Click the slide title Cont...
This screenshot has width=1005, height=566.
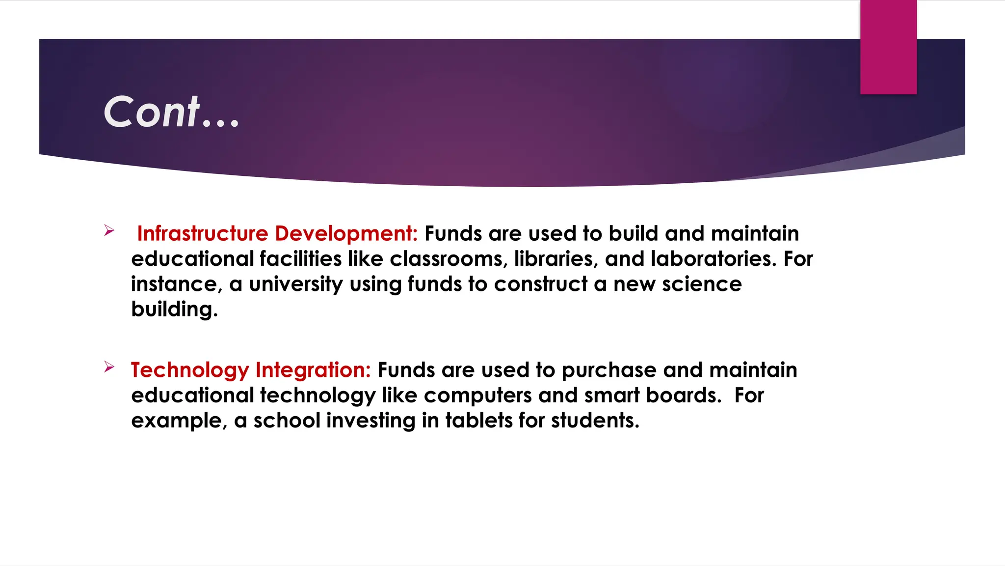click(171, 112)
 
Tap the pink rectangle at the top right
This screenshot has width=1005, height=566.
click(888, 47)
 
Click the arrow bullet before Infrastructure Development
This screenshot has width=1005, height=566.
click(109, 230)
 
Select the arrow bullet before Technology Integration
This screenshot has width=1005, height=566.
click(109, 367)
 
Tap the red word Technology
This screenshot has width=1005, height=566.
click(190, 370)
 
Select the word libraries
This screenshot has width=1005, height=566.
click(556, 259)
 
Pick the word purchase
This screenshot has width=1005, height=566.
click(608, 370)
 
